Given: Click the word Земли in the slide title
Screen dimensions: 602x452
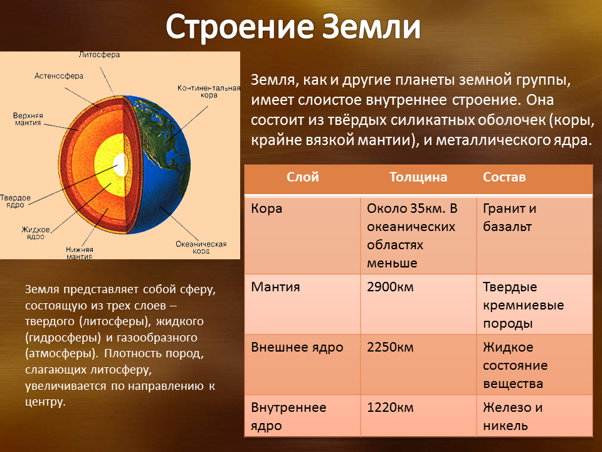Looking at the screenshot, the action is point(371,27).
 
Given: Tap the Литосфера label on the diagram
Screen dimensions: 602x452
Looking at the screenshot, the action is point(99,55).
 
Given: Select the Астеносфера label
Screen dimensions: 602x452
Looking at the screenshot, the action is point(59,76).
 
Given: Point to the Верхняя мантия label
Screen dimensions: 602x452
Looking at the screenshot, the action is point(28,119).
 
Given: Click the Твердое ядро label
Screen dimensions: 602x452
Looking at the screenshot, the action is point(15,201).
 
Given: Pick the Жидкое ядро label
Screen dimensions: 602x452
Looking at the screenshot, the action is point(36,233).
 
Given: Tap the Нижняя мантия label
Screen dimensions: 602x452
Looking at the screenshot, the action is point(80,253).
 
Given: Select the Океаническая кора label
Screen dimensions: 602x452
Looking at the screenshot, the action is point(201,247).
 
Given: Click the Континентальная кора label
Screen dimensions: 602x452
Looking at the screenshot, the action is point(209,92).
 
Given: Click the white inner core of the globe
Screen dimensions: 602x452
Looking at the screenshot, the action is point(120,165).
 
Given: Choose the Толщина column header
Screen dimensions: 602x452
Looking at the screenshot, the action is point(418,177).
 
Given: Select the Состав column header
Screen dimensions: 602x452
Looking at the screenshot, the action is point(504,177).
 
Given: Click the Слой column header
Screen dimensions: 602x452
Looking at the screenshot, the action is point(302,177).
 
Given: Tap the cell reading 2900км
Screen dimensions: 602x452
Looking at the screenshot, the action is point(390,287).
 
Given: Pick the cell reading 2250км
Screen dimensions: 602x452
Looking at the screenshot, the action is point(390,347).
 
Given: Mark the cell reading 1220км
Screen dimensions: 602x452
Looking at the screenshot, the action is point(390,408).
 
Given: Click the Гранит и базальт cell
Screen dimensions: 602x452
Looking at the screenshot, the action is point(509,218).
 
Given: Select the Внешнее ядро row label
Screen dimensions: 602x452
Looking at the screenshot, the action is point(297,347).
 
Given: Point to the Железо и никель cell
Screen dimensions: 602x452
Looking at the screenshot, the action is point(512,417).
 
